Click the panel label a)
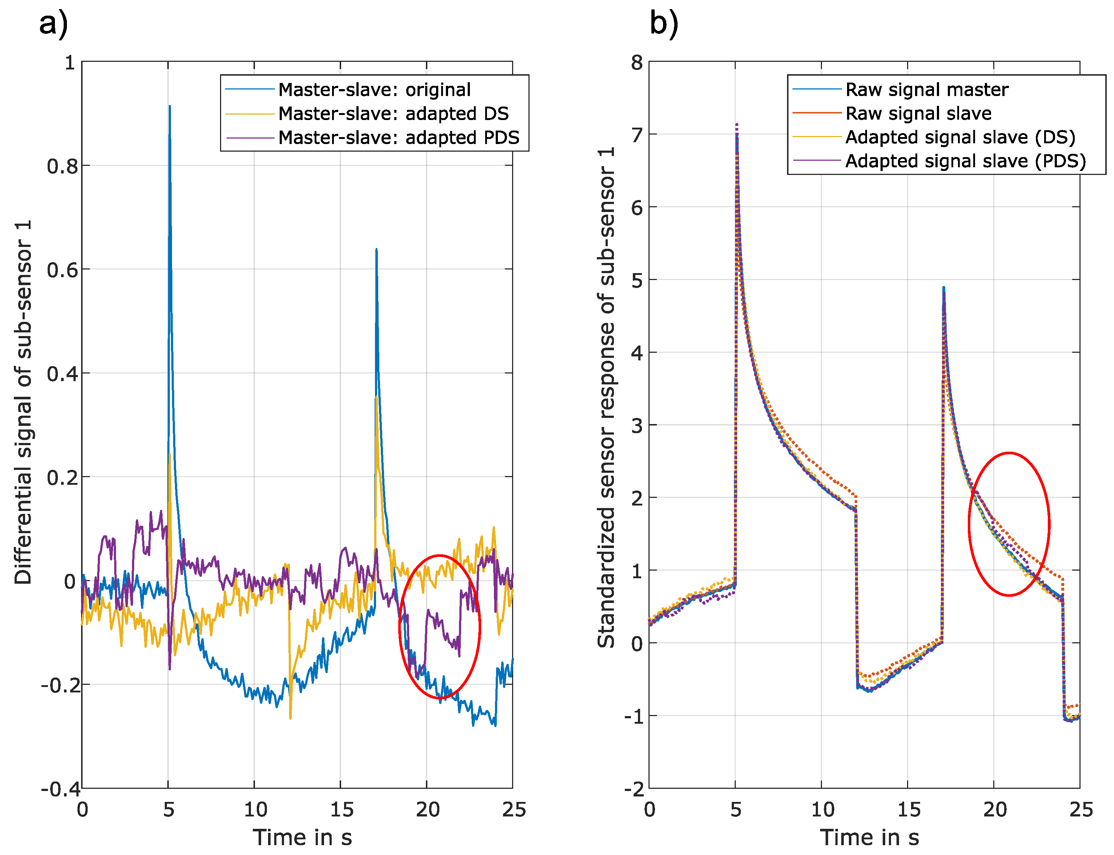pos(53,24)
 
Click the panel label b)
pos(664,24)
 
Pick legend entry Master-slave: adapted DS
pos(393,113)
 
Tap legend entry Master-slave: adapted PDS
pos(399,137)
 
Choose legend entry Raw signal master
pos(926,89)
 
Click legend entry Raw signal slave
pos(918,113)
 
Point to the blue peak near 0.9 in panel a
pos(169,107)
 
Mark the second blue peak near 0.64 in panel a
pos(376,250)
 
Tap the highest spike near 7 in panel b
pos(736,125)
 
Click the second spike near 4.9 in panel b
pos(943,288)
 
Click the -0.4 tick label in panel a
pos(60,789)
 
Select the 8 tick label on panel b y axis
pos(636,63)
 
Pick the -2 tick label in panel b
pos(634,789)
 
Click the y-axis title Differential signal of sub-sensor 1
pos(23,402)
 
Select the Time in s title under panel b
pos(869,837)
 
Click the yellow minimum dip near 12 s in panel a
pos(290,718)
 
